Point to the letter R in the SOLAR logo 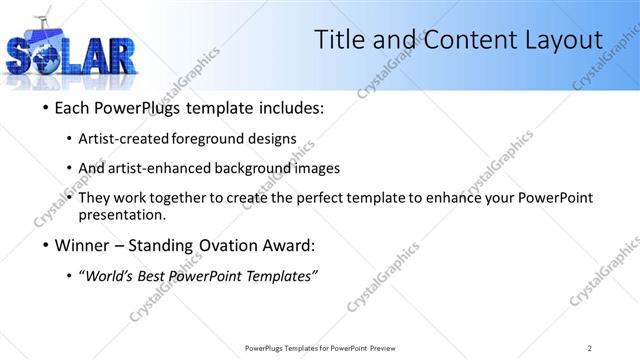[117, 58]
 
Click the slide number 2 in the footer [590, 348]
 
